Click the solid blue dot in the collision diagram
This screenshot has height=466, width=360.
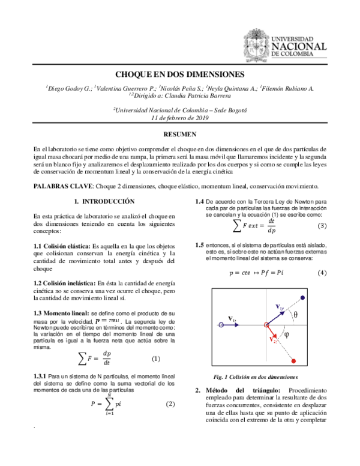[302, 298]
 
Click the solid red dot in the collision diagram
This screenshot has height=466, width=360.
[295, 360]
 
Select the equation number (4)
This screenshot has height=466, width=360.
[322, 273]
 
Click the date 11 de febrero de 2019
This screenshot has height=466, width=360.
[179, 118]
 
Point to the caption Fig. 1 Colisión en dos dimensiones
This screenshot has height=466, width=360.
[256, 377]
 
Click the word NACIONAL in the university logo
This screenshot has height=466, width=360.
[299, 46]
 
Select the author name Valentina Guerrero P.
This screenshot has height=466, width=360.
[124, 88]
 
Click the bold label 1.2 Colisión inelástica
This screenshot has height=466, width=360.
[63, 282]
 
